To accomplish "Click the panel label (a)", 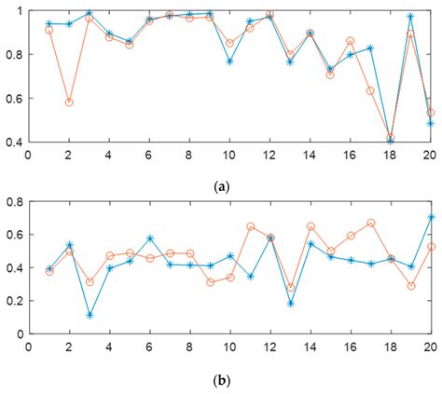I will click(221, 185).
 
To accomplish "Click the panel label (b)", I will click(221, 381).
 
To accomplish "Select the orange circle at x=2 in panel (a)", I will click(69, 102).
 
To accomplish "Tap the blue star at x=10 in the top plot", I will click(229, 61).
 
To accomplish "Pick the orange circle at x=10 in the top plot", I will click(229, 43).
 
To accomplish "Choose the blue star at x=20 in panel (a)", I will click(430, 123).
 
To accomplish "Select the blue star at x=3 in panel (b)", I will click(89, 315).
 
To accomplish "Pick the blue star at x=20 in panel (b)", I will click(430, 217).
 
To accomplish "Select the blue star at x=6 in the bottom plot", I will click(149, 238).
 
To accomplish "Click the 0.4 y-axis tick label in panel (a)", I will click(16, 143).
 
